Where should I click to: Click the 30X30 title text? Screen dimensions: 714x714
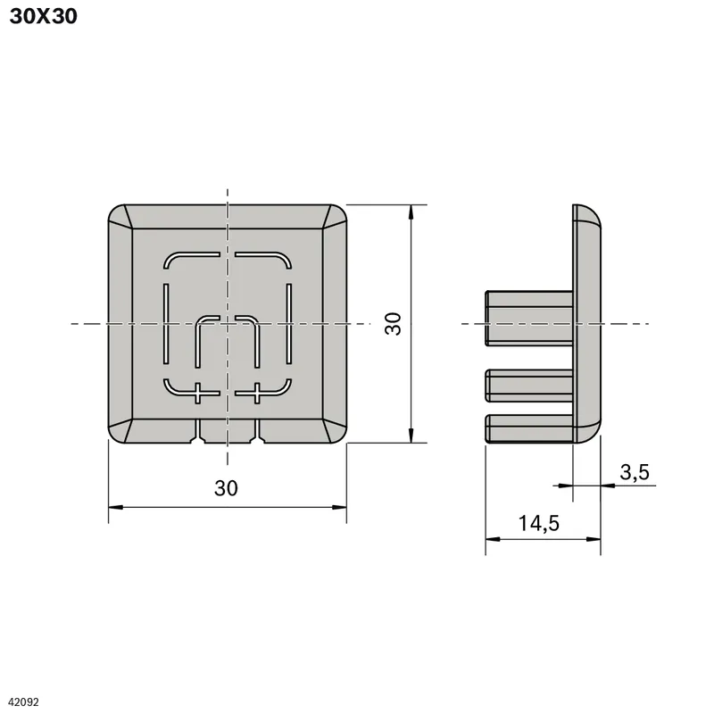[x=43, y=16]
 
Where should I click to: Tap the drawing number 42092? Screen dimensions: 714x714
[x=24, y=702]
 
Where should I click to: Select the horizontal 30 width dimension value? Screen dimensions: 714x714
[x=226, y=488]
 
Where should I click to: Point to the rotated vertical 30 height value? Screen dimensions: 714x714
[x=393, y=324]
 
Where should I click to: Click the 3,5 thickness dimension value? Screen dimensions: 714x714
[x=635, y=472]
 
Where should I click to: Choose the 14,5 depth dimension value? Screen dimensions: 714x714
[x=539, y=523]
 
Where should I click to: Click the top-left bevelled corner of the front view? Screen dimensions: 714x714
[x=120, y=217]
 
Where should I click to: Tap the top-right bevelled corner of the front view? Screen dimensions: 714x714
[x=335, y=217]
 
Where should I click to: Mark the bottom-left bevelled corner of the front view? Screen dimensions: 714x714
[x=120, y=431]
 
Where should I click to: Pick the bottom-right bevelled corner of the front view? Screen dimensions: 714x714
[x=335, y=431]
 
